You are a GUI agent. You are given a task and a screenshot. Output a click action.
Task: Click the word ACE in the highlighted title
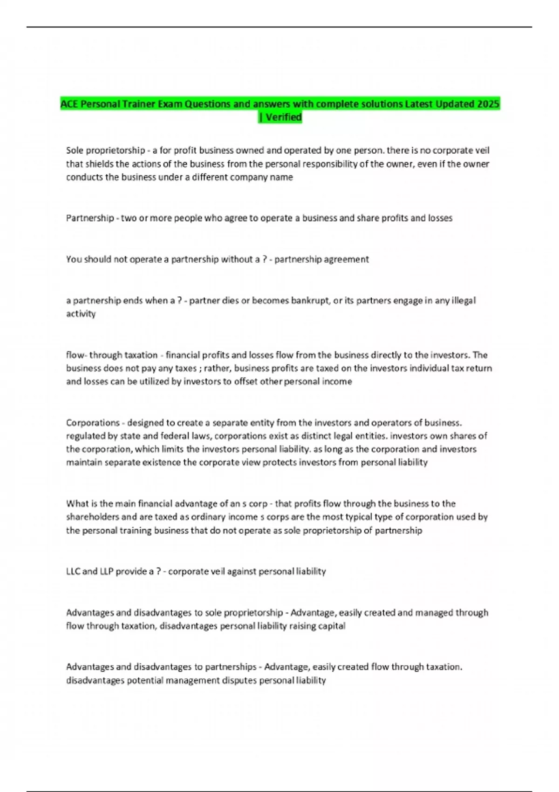click(x=69, y=104)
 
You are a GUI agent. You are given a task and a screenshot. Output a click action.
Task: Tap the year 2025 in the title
click(x=488, y=104)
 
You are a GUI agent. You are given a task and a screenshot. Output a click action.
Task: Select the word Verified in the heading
click(x=284, y=117)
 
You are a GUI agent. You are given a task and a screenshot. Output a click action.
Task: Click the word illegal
click(x=464, y=300)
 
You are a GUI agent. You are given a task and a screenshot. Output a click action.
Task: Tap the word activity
click(x=81, y=314)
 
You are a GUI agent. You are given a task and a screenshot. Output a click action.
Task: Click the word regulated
click(x=86, y=436)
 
